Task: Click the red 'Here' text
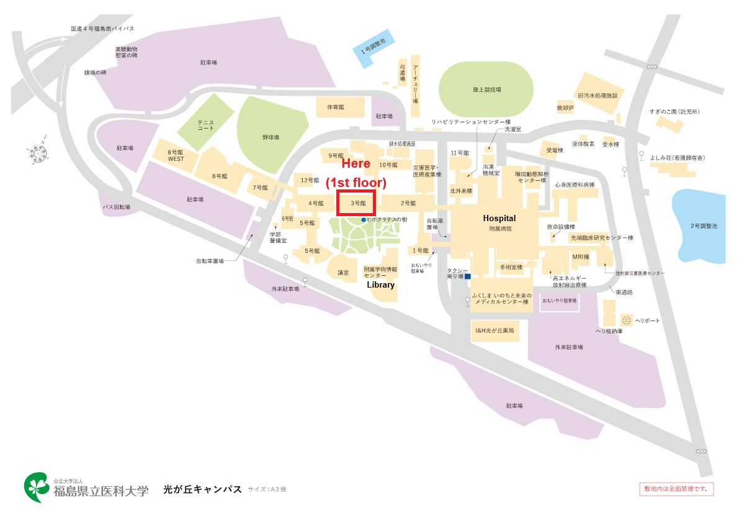tap(356, 164)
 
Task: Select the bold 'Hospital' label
tap(499, 219)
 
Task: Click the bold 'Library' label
tap(381, 284)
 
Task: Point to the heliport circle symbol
tap(626, 321)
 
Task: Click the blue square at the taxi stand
tap(468, 276)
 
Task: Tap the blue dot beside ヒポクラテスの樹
tap(364, 220)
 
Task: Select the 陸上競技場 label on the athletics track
tap(486, 90)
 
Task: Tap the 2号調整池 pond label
tap(703, 226)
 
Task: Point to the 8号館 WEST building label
tap(176, 155)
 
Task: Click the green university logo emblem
tap(37, 487)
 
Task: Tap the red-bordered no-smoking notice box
tap(676, 489)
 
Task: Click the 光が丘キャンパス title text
tap(202, 489)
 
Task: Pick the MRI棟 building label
tap(581, 256)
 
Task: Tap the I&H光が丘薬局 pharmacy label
tap(495, 331)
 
